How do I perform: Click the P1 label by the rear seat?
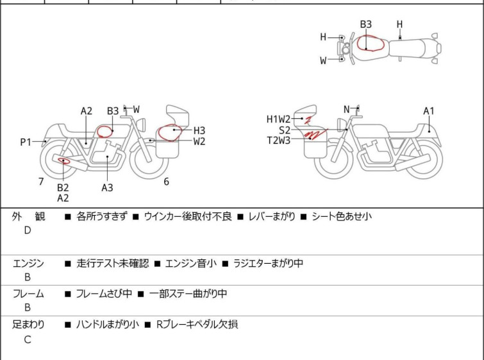25,142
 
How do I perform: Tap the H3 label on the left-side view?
199,130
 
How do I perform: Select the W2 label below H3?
199,141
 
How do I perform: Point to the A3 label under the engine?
107,187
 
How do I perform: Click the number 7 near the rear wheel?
41,182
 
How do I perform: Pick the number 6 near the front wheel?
166,182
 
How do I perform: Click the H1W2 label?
278,119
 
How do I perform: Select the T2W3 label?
278,140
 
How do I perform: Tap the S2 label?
284,130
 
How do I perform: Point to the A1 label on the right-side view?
429,111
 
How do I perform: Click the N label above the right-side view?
347,109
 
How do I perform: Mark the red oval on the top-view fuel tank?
371,43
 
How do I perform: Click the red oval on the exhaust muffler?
64,160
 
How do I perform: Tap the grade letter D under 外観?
27,230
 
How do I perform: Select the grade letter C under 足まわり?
27,339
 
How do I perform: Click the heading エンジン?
28,263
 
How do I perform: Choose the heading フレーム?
28,294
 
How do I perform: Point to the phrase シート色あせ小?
342,217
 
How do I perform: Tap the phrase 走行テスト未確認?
112,263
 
